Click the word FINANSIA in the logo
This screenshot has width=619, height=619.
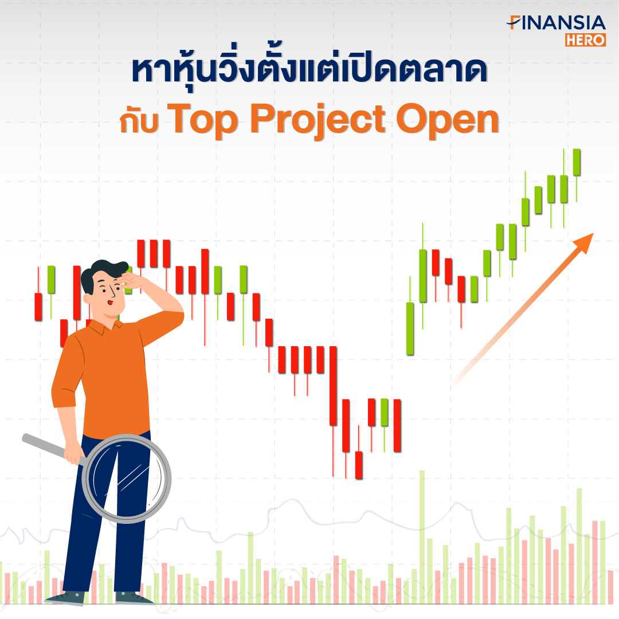[x=556, y=23]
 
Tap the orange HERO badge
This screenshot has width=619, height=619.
[x=585, y=40]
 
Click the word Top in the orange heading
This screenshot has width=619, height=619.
[x=202, y=119]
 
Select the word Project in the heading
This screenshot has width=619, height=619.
[x=318, y=120]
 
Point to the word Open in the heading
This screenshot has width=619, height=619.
[x=448, y=119]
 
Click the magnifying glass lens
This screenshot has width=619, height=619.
[x=126, y=479]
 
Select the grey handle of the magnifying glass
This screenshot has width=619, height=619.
[x=52, y=448]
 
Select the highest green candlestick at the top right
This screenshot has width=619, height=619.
[x=577, y=162]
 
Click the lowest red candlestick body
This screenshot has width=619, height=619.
[x=359, y=465]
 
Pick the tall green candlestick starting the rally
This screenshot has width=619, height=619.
[x=410, y=328]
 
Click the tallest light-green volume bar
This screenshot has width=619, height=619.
[x=422, y=537]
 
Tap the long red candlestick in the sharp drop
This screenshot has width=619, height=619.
[x=333, y=386]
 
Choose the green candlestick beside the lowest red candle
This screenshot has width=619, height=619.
[x=385, y=412]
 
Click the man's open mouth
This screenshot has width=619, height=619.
[x=111, y=303]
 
